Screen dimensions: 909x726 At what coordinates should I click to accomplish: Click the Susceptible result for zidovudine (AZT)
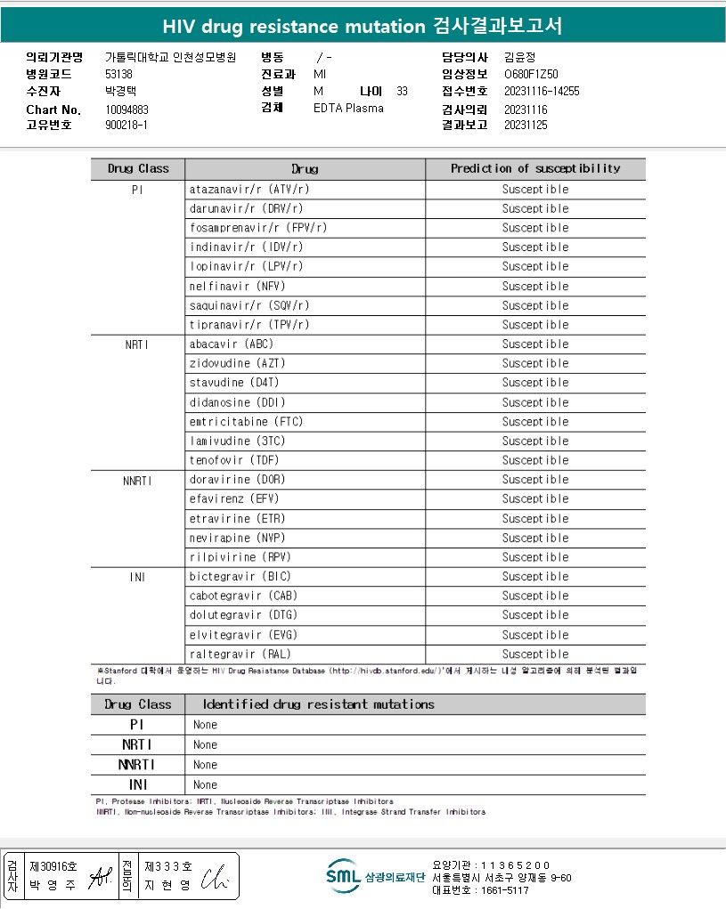tap(534, 363)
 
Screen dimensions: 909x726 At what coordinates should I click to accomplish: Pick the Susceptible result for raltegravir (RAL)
tap(534, 653)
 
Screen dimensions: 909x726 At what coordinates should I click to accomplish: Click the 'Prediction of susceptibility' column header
tap(535, 168)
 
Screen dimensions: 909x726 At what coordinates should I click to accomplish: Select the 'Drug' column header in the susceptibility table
tap(305, 169)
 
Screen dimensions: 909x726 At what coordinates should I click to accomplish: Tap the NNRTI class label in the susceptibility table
tap(137, 480)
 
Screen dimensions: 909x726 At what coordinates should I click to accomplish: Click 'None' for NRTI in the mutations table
tap(205, 744)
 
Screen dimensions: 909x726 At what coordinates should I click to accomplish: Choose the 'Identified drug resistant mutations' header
tap(319, 704)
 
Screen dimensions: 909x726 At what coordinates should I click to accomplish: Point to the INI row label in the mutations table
tap(137, 784)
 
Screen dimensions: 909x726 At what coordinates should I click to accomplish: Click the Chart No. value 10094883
tap(126, 110)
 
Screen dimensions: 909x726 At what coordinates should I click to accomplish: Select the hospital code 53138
tap(118, 74)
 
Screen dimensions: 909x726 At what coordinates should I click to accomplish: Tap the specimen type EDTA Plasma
tap(348, 108)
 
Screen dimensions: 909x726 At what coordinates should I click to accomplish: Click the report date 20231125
tap(526, 126)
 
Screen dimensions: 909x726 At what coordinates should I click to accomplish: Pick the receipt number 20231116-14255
tap(542, 91)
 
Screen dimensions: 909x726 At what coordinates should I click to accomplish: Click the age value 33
tap(402, 91)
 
